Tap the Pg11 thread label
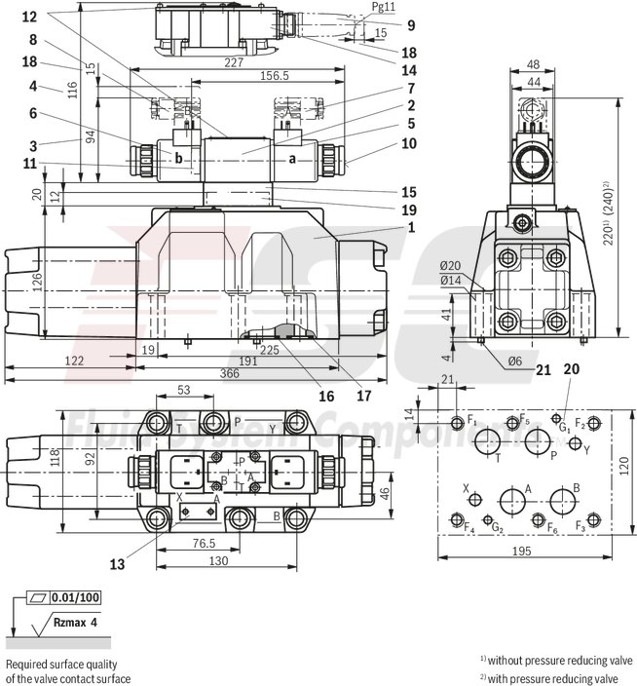tap(357, 7)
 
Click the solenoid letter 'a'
tap(291, 159)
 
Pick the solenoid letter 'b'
tap(178, 156)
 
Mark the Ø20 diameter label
tap(450, 266)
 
